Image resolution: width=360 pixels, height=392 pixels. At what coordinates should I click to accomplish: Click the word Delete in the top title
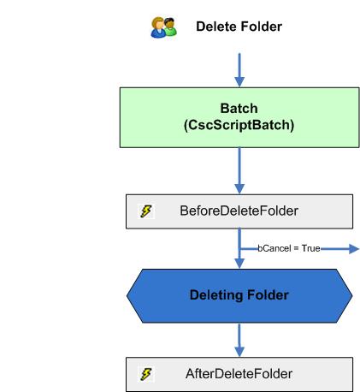pyautogui.click(x=216, y=27)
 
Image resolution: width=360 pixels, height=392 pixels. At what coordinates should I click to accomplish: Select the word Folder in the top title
pyautogui.click(x=261, y=27)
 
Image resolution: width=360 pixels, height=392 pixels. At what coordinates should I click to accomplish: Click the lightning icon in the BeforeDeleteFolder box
pyautogui.click(x=146, y=211)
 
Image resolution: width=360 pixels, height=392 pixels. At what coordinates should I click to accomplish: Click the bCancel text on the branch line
pyautogui.click(x=275, y=248)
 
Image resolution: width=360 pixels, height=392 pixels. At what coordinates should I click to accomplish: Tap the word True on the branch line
pyautogui.click(x=309, y=248)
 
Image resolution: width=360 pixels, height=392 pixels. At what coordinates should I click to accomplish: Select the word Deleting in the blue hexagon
pyautogui.click(x=214, y=295)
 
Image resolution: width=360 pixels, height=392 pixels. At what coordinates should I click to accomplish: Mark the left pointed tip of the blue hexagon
pyautogui.click(x=128, y=295)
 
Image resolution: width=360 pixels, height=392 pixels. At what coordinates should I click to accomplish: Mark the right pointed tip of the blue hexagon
pyautogui.click(x=351, y=295)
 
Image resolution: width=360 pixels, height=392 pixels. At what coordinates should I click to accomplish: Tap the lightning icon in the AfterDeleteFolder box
pyautogui.click(x=146, y=374)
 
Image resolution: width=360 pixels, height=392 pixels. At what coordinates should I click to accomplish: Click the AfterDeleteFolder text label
pyautogui.click(x=239, y=374)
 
